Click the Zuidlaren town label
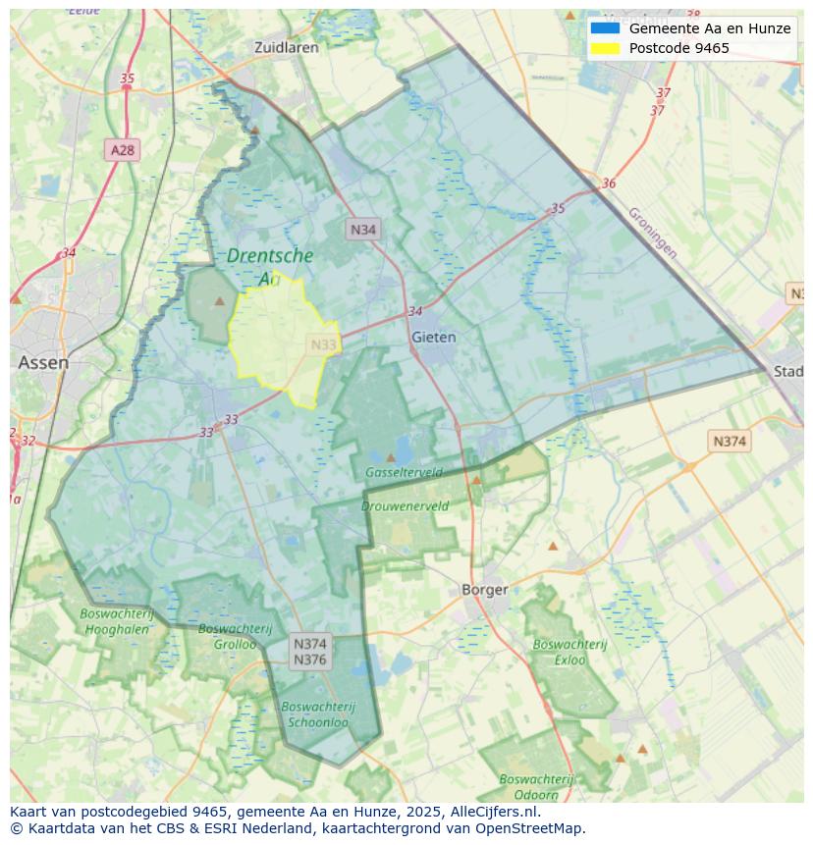286,47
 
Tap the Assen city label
43,362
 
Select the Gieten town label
433,337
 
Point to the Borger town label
485,590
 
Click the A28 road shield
123,150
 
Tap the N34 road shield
363,230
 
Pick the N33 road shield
324,344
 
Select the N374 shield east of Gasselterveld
729,442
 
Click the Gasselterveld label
404,472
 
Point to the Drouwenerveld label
405,506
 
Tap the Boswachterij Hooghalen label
116,621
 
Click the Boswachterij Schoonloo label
317,713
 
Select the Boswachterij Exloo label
569,652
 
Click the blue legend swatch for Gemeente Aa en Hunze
605,28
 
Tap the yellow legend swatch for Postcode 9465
605,48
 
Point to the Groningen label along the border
652,232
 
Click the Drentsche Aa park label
270,266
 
